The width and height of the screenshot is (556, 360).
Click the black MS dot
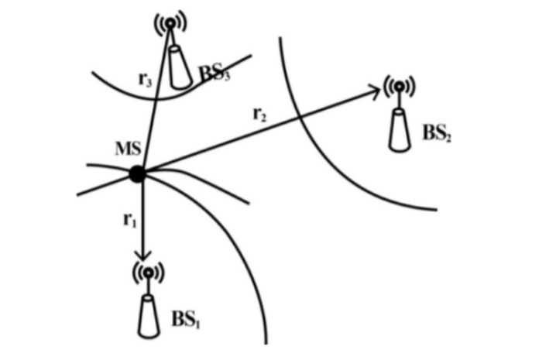(137, 174)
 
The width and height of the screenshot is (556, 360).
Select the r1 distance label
(130, 220)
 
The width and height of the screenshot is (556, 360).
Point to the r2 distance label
(259, 115)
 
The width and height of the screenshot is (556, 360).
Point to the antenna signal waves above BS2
(398, 84)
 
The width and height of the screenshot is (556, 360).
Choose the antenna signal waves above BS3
(170, 23)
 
